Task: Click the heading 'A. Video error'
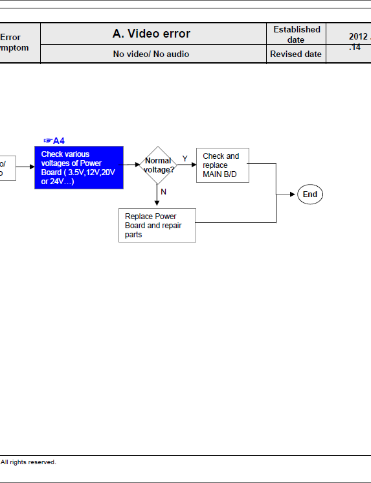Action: tap(152, 34)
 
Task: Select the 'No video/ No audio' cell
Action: tap(151, 54)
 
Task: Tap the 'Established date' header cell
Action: tap(297, 34)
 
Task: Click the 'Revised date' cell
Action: tap(296, 54)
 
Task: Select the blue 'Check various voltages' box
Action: tap(78, 167)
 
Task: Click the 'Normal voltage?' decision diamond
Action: tap(157, 165)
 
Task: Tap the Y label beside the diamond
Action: tap(185, 159)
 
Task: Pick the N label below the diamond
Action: tap(163, 192)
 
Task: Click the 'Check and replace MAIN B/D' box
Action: tap(222, 165)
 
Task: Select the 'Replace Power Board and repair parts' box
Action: tap(157, 225)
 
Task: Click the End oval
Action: tap(310, 194)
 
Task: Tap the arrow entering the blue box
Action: tap(30, 166)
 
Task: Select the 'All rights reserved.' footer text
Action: tap(28, 462)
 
